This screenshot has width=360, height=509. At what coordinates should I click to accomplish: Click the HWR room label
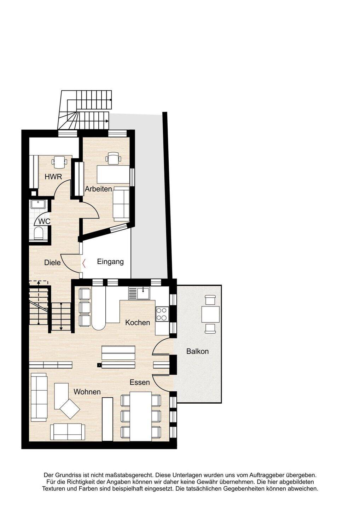click(x=53, y=177)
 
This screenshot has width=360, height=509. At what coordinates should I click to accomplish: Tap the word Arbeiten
click(x=98, y=189)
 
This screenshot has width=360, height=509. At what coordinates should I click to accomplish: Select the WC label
click(x=44, y=221)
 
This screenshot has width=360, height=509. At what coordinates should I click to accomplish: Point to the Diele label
click(x=52, y=263)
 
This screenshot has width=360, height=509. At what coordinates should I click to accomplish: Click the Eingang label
click(x=110, y=262)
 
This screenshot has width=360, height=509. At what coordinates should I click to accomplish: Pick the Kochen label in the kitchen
click(x=138, y=322)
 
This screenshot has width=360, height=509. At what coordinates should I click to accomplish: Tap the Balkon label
click(x=197, y=351)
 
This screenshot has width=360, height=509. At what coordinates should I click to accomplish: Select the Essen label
click(x=140, y=382)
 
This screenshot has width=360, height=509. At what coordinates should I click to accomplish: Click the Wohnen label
click(x=87, y=392)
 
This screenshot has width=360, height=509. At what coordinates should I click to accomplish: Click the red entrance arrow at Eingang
click(x=84, y=263)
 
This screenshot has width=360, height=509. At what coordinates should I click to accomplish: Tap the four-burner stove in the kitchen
click(x=162, y=314)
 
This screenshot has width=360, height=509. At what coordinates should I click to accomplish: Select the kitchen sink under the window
click(x=139, y=293)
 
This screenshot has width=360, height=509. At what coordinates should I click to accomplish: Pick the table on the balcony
click(x=210, y=314)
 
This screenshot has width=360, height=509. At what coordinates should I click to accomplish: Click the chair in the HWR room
click(x=59, y=162)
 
